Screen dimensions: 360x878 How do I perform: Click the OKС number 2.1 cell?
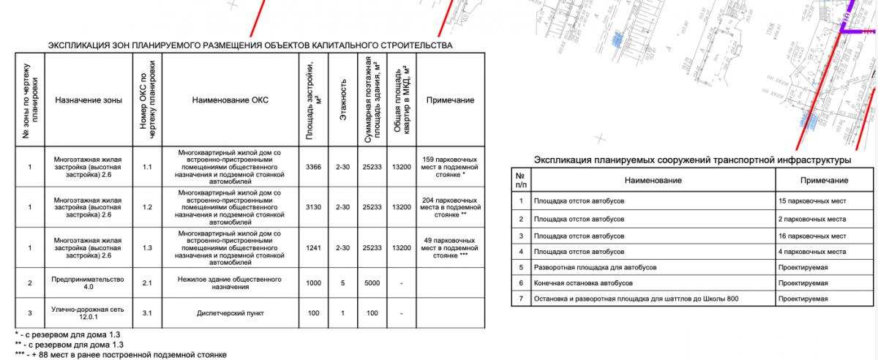pyautogui.click(x=146, y=282)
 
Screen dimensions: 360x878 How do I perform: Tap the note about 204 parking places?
pyautogui.click(x=450, y=207)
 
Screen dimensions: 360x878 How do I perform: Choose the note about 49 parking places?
pyautogui.click(x=450, y=248)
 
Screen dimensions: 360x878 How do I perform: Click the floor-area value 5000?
pyautogui.click(x=371, y=282)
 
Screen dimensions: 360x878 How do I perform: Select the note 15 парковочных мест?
pyautogui.click(x=812, y=200)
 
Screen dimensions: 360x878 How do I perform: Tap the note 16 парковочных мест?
pyautogui.click(x=812, y=236)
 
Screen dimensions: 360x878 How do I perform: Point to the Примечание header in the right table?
pyautogui.click(x=824, y=180)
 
